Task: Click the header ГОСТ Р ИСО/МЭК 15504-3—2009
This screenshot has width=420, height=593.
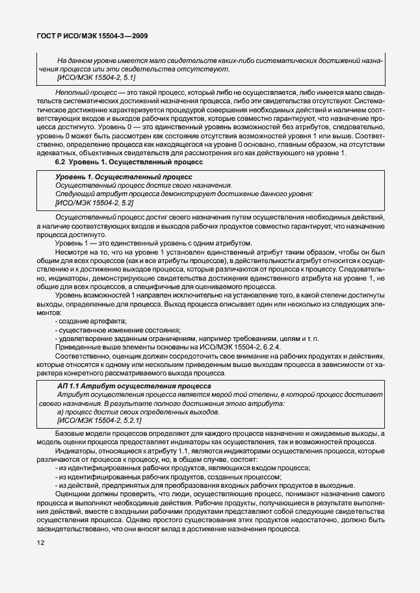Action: [86, 36]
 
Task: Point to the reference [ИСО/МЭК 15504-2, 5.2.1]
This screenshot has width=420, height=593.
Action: [99, 421]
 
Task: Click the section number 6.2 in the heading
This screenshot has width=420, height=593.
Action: [62, 162]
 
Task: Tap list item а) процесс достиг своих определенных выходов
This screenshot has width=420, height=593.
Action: [138, 412]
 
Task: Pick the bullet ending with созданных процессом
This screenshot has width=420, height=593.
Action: [168, 476]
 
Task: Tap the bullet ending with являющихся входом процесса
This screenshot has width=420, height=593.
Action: [183, 468]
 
